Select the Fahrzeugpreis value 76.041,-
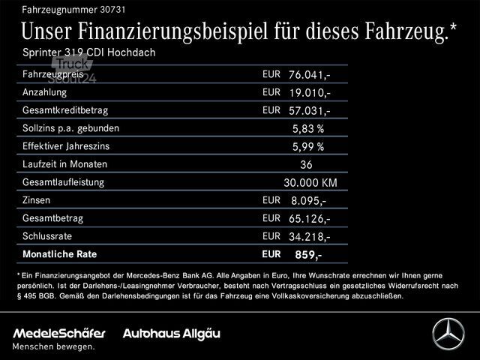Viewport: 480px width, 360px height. [x=309, y=75]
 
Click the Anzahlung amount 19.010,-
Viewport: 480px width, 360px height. [x=309, y=93]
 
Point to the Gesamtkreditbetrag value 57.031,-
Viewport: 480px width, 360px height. [x=309, y=111]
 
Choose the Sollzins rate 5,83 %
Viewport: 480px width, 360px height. [x=307, y=129]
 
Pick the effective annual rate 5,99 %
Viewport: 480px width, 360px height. [x=307, y=147]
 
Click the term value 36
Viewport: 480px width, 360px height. [x=305, y=165]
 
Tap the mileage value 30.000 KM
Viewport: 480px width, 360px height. [x=310, y=183]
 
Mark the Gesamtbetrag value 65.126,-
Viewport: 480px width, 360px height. [x=309, y=219]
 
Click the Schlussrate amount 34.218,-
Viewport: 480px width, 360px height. [x=309, y=237]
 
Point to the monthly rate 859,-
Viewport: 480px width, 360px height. [x=308, y=255]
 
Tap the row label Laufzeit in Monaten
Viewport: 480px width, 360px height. [x=65, y=164]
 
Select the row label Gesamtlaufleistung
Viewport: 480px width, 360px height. [x=64, y=182]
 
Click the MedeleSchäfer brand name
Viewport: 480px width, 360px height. [x=59, y=332]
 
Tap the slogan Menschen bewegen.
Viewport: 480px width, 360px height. [x=54, y=346]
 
